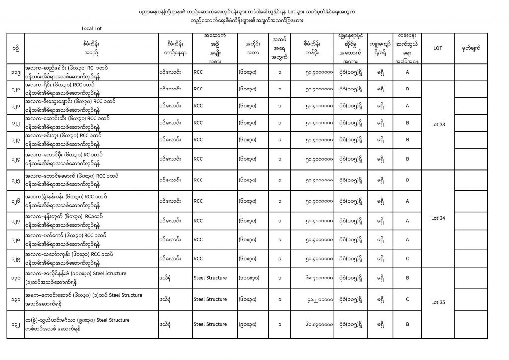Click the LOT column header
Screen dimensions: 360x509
coord(438,48)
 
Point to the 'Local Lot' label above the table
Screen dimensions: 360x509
coord(92,28)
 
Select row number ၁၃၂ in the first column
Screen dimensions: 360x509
coord(17,324)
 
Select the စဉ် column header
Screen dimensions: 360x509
coord(17,48)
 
